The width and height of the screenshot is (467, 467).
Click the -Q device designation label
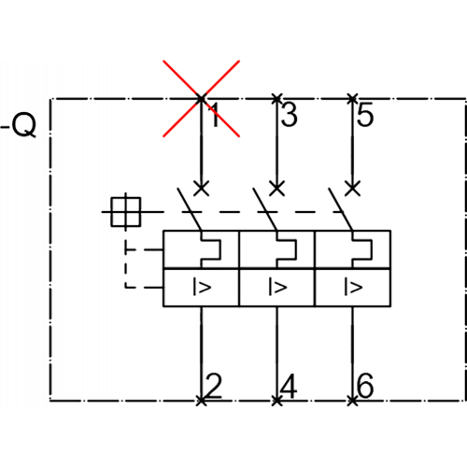[x=18, y=125]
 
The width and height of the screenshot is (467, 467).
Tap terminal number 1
[x=216, y=115]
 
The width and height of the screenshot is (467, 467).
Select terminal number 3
[x=289, y=115]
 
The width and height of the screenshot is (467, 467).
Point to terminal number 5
[x=365, y=115]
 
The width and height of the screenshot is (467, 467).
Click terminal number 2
[x=214, y=386]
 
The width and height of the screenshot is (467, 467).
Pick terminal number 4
[x=289, y=386]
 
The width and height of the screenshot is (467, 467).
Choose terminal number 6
[x=365, y=386]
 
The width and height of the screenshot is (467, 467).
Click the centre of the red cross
[x=201, y=99]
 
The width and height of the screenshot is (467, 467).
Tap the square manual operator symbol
[x=126, y=212]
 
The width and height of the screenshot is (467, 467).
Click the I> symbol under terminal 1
[x=202, y=287]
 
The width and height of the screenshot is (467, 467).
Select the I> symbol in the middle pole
[x=277, y=287]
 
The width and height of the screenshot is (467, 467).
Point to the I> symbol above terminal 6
[x=353, y=287]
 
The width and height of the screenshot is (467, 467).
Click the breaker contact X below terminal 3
[x=276, y=188]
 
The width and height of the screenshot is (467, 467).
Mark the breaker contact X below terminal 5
[x=353, y=188]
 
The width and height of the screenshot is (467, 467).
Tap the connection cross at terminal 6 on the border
[x=352, y=401]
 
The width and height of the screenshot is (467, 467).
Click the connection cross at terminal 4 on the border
[x=276, y=401]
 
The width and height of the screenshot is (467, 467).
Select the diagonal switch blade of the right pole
[x=341, y=209]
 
